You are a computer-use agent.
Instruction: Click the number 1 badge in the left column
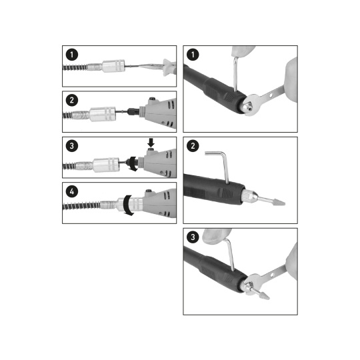(72, 55)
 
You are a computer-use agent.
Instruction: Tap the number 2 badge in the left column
(72, 100)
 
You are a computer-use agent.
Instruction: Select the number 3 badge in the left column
(72, 146)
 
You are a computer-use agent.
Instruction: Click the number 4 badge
(72, 191)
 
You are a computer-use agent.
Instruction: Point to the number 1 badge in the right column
(193, 55)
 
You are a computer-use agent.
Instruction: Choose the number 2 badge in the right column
(193, 146)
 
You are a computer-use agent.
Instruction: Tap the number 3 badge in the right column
(193, 237)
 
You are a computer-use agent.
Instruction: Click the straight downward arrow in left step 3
(151, 143)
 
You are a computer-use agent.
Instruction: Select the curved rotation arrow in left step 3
(133, 163)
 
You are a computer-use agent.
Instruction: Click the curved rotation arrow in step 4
(126, 205)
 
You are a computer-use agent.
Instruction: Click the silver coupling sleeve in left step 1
(113, 66)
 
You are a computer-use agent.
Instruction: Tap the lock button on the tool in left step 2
(152, 99)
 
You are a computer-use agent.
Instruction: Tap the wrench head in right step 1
(253, 105)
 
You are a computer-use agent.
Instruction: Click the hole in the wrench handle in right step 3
(272, 275)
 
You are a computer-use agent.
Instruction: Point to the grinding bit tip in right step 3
(264, 295)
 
